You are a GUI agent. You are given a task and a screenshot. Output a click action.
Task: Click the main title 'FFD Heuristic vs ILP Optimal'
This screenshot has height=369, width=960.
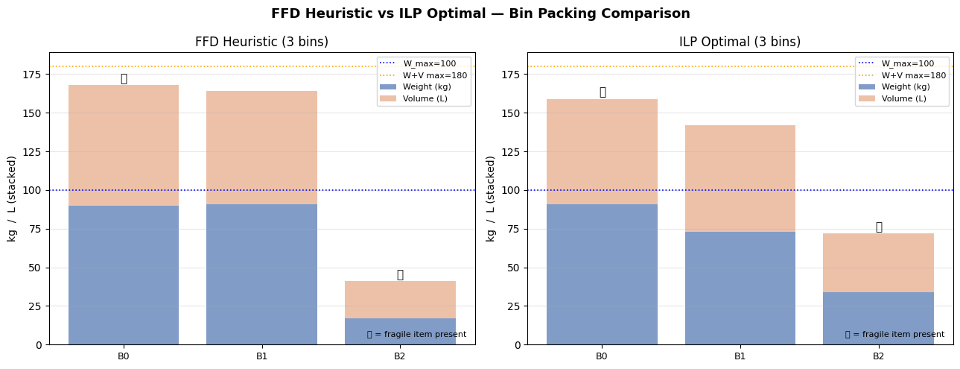click(x=480, y=14)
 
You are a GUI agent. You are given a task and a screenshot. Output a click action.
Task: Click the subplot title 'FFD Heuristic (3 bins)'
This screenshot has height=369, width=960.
click(x=261, y=42)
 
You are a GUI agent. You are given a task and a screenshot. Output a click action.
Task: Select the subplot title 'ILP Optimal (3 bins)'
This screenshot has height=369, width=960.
click(x=740, y=42)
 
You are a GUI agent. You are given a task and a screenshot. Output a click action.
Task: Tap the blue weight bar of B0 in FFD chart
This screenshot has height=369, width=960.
click(x=124, y=275)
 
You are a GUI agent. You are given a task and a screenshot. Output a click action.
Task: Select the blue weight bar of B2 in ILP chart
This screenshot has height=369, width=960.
click(x=878, y=318)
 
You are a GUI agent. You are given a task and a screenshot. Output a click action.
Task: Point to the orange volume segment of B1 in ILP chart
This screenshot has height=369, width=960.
click(x=740, y=179)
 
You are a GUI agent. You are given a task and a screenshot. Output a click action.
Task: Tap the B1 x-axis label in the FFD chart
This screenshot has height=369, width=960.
click(x=261, y=356)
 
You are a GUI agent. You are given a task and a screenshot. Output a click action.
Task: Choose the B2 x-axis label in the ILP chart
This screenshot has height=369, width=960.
click(x=878, y=356)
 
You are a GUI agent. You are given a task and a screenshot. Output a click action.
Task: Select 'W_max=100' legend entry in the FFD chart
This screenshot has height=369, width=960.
click(x=429, y=64)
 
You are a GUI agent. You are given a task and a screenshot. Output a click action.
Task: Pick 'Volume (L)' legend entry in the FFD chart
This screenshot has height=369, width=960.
click(x=425, y=98)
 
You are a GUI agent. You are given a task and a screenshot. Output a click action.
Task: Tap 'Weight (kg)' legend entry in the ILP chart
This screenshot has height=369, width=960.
click(x=903, y=87)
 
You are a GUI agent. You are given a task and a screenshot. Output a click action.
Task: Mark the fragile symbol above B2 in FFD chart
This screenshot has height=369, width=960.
click(x=400, y=275)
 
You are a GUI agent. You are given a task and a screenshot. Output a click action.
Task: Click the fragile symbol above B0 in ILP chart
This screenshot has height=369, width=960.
click(x=602, y=92)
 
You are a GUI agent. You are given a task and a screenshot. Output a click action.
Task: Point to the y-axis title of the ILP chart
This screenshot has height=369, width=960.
click(x=491, y=198)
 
